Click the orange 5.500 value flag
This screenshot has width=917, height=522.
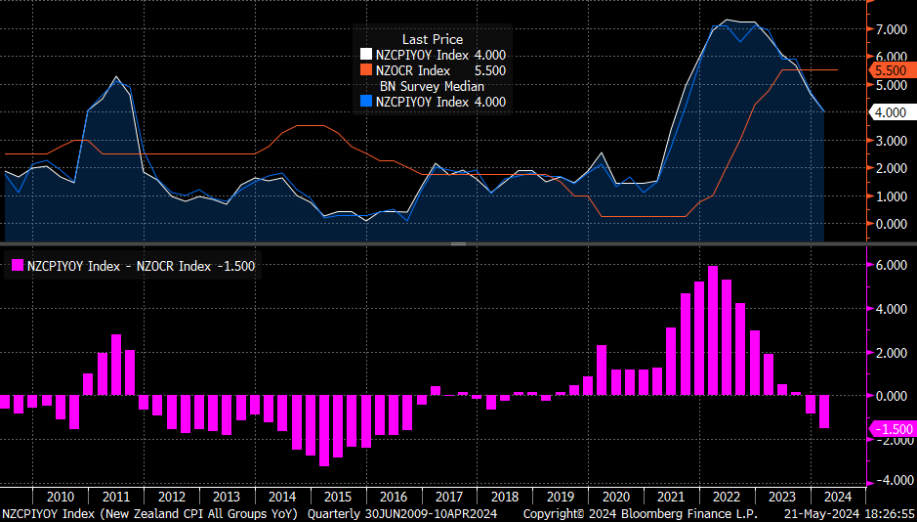[891, 70]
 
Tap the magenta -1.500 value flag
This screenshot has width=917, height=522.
[891, 429]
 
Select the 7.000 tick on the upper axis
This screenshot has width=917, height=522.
[891, 29]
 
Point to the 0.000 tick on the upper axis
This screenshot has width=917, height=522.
[891, 224]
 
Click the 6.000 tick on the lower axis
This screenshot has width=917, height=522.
[891, 266]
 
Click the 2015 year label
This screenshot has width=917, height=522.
[338, 497]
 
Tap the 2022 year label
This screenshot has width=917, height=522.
[727, 497]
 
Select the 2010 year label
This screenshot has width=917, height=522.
[61, 497]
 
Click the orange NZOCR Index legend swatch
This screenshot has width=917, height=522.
[366, 70]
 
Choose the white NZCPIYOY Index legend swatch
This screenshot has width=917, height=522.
[366, 55]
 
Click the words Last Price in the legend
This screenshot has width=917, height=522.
[433, 39]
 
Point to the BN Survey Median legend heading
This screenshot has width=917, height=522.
[433, 86]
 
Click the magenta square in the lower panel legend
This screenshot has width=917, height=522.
[17, 265]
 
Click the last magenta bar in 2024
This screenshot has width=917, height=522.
[824, 412]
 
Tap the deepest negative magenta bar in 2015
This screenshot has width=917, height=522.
[324, 431]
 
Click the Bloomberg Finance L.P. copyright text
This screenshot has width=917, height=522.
[641, 513]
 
